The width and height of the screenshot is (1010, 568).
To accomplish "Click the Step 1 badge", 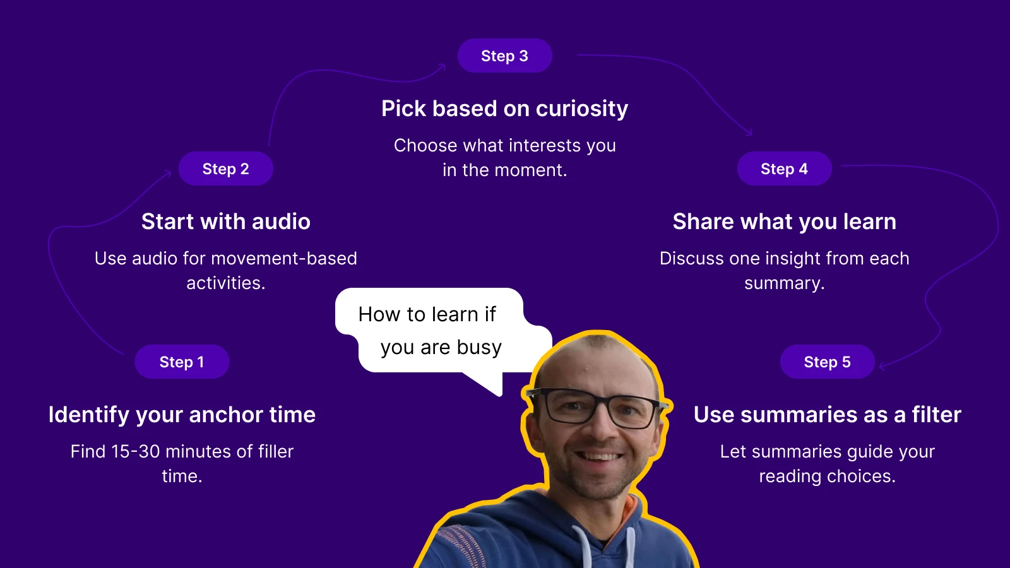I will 182,362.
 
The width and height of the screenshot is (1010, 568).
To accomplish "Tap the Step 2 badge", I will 226,169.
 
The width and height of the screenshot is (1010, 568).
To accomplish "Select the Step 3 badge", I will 504,56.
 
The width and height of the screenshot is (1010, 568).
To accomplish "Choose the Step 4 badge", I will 784,169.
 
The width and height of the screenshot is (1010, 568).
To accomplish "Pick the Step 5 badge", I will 827,362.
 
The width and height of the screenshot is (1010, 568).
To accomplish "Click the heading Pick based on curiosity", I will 504,109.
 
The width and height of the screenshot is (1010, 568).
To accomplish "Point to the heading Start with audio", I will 226,222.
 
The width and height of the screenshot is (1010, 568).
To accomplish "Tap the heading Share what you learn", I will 784,222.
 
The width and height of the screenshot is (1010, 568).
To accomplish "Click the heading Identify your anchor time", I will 182,415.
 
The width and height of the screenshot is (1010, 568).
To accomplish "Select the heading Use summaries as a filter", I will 827,415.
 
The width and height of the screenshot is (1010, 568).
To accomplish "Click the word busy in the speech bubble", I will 479,348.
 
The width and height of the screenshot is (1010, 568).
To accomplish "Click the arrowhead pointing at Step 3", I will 443,66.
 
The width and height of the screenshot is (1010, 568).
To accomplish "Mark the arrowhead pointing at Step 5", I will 882,365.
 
